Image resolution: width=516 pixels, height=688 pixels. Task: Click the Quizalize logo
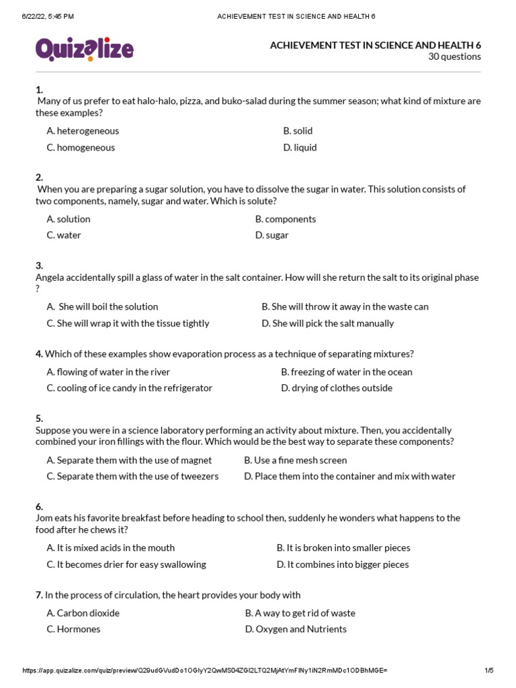pyautogui.click(x=84, y=49)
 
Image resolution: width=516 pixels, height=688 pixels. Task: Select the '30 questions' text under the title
pyautogui.click(x=454, y=57)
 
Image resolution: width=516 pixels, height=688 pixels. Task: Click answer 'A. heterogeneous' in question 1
pyautogui.click(x=83, y=131)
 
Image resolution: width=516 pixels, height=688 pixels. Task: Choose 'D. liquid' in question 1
pyautogui.click(x=300, y=148)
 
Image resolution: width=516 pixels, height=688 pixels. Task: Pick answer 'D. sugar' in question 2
pyautogui.click(x=271, y=235)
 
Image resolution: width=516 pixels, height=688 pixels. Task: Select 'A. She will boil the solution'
pyautogui.click(x=102, y=307)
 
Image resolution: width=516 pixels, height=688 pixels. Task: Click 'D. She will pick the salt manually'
pyautogui.click(x=327, y=323)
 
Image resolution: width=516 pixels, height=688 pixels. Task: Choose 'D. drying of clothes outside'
pyautogui.click(x=337, y=388)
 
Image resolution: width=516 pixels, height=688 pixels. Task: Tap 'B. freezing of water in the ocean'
pyautogui.click(x=347, y=372)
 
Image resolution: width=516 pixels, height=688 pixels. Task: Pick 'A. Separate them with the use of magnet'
pyautogui.click(x=129, y=460)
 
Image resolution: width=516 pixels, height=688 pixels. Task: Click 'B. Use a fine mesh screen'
pyautogui.click(x=296, y=460)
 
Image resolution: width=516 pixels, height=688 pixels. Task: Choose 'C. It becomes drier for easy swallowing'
pyautogui.click(x=126, y=564)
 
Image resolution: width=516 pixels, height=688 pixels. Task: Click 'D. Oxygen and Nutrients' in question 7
pyautogui.click(x=296, y=630)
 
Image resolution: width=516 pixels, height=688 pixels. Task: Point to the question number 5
pyautogui.click(x=39, y=419)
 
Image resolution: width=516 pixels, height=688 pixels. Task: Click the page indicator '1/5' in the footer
pyautogui.click(x=488, y=671)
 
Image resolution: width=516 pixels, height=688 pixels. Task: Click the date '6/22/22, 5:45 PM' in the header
pyautogui.click(x=48, y=16)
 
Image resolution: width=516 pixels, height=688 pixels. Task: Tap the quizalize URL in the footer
pyautogui.click(x=205, y=671)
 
